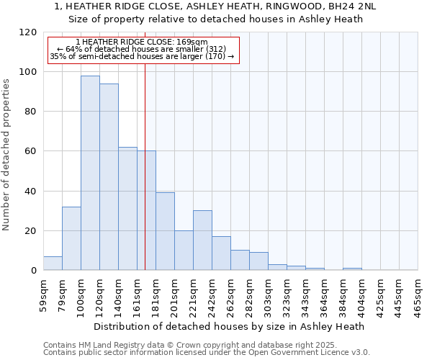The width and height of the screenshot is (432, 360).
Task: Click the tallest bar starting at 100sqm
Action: pos(90,173)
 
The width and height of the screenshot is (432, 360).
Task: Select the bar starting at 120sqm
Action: pos(109,176)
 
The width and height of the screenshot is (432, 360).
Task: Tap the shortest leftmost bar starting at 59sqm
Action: pos(53,264)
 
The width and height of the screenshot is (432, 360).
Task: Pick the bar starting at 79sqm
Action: pos(71,238)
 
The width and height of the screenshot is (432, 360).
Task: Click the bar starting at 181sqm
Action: pos(165,231)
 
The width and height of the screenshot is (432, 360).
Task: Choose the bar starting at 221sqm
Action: pos(202,240)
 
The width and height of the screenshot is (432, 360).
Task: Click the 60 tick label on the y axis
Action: pos(31,152)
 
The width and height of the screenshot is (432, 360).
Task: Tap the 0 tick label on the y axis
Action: pos(34,271)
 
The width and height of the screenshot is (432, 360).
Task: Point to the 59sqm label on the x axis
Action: pos(43,294)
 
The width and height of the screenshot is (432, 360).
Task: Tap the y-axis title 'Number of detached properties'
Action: pos(7,155)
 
